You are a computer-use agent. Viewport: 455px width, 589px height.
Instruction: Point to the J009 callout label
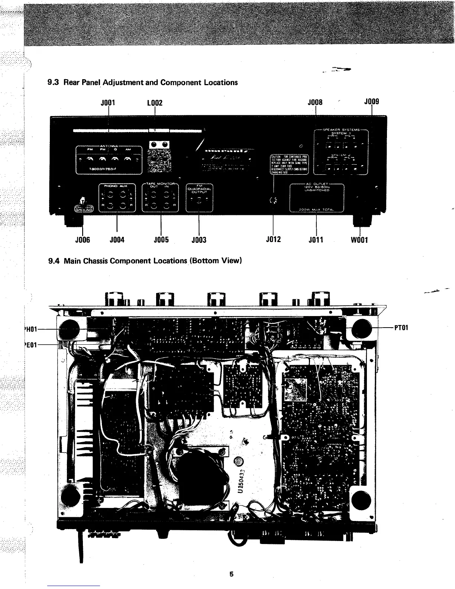click(371, 101)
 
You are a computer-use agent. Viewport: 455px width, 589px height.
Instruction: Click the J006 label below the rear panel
click(83, 240)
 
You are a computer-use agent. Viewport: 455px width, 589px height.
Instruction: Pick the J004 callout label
click(117, 240)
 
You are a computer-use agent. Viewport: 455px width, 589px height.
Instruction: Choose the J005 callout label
click(161, 240)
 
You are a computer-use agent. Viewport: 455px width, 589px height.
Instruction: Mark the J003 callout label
click(199, 240)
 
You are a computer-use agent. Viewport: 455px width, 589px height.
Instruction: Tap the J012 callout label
click(274, 239)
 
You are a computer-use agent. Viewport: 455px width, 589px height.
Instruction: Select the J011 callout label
click(316, 240)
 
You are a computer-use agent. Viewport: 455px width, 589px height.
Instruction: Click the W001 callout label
click(359, 240)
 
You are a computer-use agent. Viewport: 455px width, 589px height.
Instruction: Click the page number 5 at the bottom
click(231, 574)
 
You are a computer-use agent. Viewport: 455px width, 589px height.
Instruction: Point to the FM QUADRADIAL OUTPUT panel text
click(199, 189)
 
